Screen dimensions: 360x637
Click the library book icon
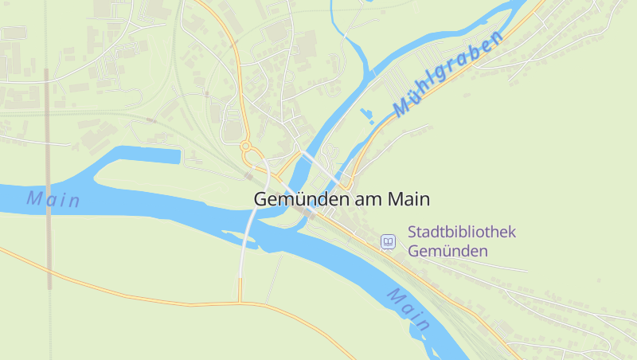pos(388,241)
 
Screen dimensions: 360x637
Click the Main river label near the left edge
pos(53,199)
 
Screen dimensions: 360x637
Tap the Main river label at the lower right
pos(409,310)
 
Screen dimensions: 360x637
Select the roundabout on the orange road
pos(246,147)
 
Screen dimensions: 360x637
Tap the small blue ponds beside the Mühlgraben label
pos(368,116)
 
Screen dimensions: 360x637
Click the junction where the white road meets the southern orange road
pos(240,302)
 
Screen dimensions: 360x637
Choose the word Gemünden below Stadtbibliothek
pos(447,251)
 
